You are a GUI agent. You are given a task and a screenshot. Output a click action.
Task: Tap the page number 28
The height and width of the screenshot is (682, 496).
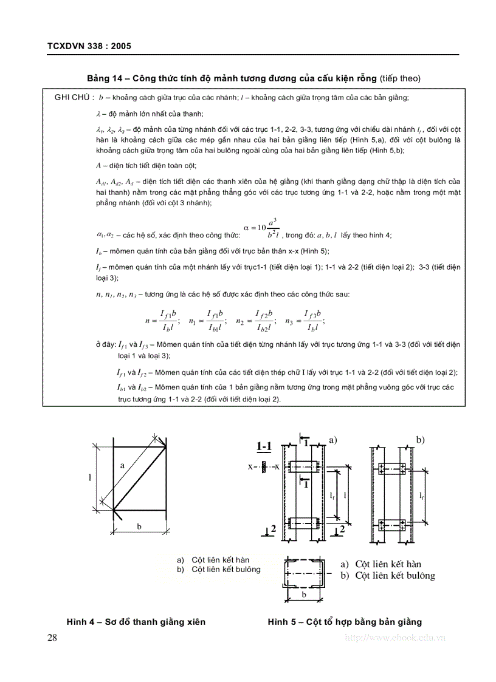tap(52, 637)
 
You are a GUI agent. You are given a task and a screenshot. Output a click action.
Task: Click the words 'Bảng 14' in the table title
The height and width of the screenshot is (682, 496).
tap(105, 78)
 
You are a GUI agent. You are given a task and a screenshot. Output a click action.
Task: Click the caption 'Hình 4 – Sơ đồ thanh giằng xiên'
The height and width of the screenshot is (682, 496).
tap(136, 622)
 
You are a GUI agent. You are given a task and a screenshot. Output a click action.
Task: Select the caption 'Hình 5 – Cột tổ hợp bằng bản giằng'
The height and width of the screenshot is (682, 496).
tap(345, 622)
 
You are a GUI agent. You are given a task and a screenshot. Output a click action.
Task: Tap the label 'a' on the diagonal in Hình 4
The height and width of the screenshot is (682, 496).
tap(122, 465)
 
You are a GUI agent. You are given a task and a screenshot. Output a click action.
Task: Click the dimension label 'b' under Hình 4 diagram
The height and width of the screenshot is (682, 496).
tap(139, 527)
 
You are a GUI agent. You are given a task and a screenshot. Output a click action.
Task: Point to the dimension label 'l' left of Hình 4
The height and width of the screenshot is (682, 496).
tap(90, 477)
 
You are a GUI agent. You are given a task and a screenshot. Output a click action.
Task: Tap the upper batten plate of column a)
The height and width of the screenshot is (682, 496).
tap(302, 468)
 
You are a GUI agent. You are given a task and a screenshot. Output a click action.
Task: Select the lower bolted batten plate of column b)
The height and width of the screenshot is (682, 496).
tap(392, 524)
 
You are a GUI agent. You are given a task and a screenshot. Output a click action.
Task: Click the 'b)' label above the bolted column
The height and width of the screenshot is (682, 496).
tap(420, 438)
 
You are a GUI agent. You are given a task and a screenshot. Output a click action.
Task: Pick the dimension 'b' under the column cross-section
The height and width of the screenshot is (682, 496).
tap(304, 595)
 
